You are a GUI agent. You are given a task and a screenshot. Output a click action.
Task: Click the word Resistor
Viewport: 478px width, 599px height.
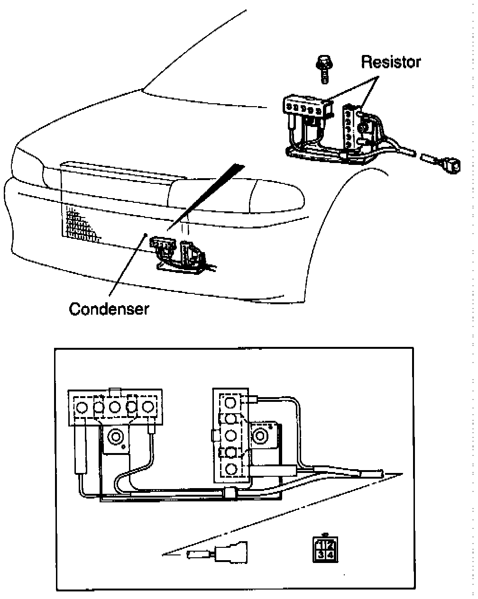tap(391, 62)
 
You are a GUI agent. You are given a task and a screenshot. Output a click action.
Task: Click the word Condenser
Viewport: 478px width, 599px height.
tap(109, 309)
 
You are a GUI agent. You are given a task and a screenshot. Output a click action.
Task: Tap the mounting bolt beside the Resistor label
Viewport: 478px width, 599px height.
tap(324, 69)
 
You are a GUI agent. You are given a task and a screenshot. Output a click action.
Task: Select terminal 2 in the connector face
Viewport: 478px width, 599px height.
tap(330, 544)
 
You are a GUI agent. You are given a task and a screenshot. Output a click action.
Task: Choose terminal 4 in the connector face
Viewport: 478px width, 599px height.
tap(330, 554)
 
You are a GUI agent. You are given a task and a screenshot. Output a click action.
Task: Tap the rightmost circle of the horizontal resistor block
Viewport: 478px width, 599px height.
tap(149, 407)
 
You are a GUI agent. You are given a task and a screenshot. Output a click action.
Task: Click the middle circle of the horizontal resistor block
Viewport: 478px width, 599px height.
tap(115, 407)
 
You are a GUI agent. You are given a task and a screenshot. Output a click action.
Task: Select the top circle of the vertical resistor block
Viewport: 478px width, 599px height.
tap(231, 403)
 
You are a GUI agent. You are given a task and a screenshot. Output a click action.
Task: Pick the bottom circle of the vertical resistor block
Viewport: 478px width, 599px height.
tap(231, 469)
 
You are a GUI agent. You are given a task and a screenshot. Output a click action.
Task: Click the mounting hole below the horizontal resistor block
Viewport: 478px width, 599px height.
tap(115, 436)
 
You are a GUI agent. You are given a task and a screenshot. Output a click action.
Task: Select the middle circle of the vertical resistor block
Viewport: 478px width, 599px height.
tap(231, 435)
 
